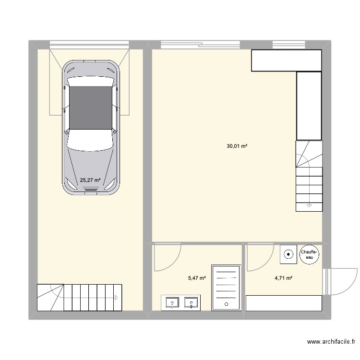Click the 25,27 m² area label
(90, 180)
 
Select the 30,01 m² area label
(237, 146)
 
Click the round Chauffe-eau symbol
(309, 254)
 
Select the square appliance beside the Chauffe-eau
(288, 254)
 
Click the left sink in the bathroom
(171, 303)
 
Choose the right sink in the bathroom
(192, 303)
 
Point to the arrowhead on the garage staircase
(116, 298)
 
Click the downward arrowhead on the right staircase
(309, 205)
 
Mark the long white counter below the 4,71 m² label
(283, 303)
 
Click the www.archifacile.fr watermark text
(331, 342)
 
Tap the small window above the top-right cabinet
(286, 45)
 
